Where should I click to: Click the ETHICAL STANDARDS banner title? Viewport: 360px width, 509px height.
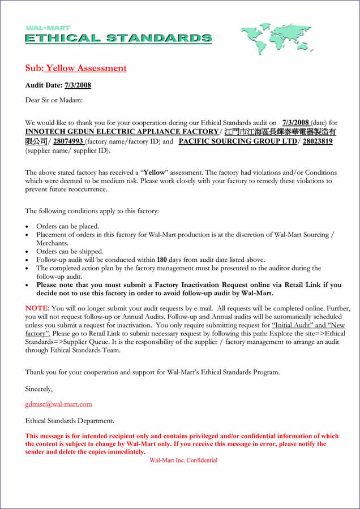[118, 38]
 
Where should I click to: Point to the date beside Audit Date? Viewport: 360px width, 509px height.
[78, 85]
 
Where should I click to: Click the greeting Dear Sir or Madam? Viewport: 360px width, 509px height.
[54, 100]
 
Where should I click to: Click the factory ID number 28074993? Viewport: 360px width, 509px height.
[68, 141]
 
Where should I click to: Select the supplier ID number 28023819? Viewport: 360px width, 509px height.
[318, 141]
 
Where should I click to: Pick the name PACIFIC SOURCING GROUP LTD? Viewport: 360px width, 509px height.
[238, 141]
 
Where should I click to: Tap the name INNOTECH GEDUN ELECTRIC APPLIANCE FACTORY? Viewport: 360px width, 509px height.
[122, 132]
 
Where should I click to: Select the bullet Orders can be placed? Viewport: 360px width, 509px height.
[67, 226]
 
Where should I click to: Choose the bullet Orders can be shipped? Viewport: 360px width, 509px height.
[70, 251]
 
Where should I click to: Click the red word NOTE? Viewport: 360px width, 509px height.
[37, 308]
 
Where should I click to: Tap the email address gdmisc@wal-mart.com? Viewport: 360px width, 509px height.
[58, 404]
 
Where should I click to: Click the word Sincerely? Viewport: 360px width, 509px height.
[38, 389]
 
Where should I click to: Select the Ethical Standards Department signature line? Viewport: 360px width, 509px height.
[70, 421]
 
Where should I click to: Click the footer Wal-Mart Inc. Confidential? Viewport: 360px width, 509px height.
[183, 460]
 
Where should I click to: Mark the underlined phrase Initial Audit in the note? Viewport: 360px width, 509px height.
[292, 325]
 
